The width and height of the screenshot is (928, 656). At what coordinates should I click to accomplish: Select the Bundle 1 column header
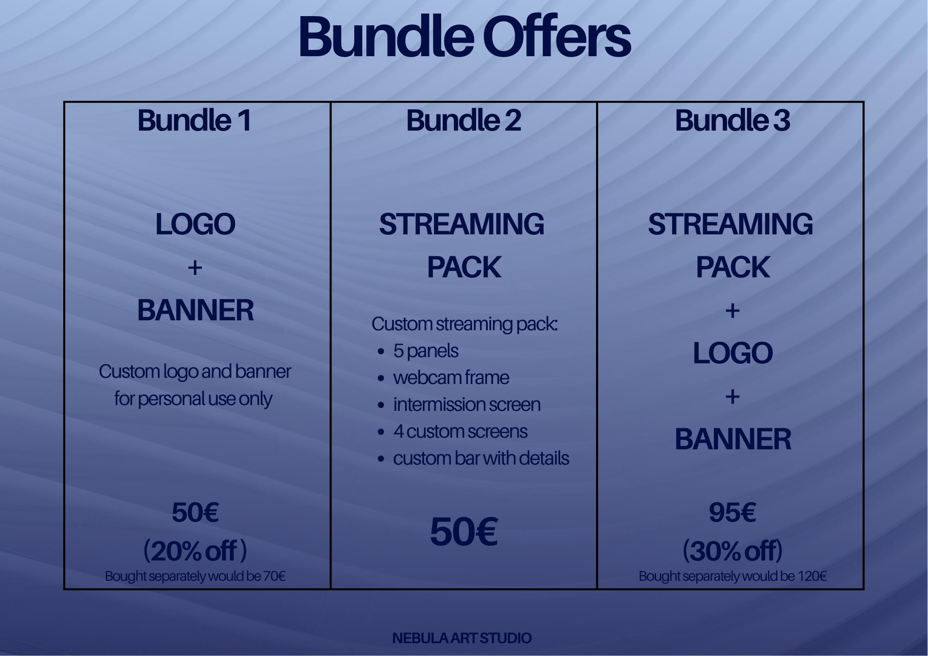pyautogui.click(x=194, y=120)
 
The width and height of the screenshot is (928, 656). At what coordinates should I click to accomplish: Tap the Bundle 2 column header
pyautogui.click(x=463, y=120)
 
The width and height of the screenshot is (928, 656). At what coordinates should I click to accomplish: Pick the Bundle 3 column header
pyautogui.click(x=732, y=120)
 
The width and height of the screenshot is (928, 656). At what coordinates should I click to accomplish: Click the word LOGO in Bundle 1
pyautogui.click(x=195, y=224)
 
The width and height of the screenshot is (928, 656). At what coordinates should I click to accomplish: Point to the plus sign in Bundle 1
pyautogui.click(x=195, y=268)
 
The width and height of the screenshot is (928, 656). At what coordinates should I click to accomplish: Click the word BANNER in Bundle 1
pyautogui.click(x=195, y=310)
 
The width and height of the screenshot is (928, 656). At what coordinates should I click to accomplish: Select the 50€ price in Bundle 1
pyautogui.click(x=195, y=513)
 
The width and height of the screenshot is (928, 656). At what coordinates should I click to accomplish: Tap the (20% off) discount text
pyautogui.click(x=195, y=551)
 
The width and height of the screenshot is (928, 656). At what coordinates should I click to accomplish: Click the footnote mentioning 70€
pyautogui.click(x=195, y=576)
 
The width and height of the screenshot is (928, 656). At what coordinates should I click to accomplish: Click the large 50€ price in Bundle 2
pyautogui.click(x=463, y=532)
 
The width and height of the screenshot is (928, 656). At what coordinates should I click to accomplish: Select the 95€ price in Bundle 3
pyautogui.click(x=732, y=513)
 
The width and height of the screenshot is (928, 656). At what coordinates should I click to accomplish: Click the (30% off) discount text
pyautogui.click(x=732, y=551)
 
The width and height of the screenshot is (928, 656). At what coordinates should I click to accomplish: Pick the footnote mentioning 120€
pyautogui.click(x=732, y=576)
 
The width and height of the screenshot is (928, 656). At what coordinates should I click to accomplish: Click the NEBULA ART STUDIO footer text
pyautogui.click(x=462, y=638)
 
